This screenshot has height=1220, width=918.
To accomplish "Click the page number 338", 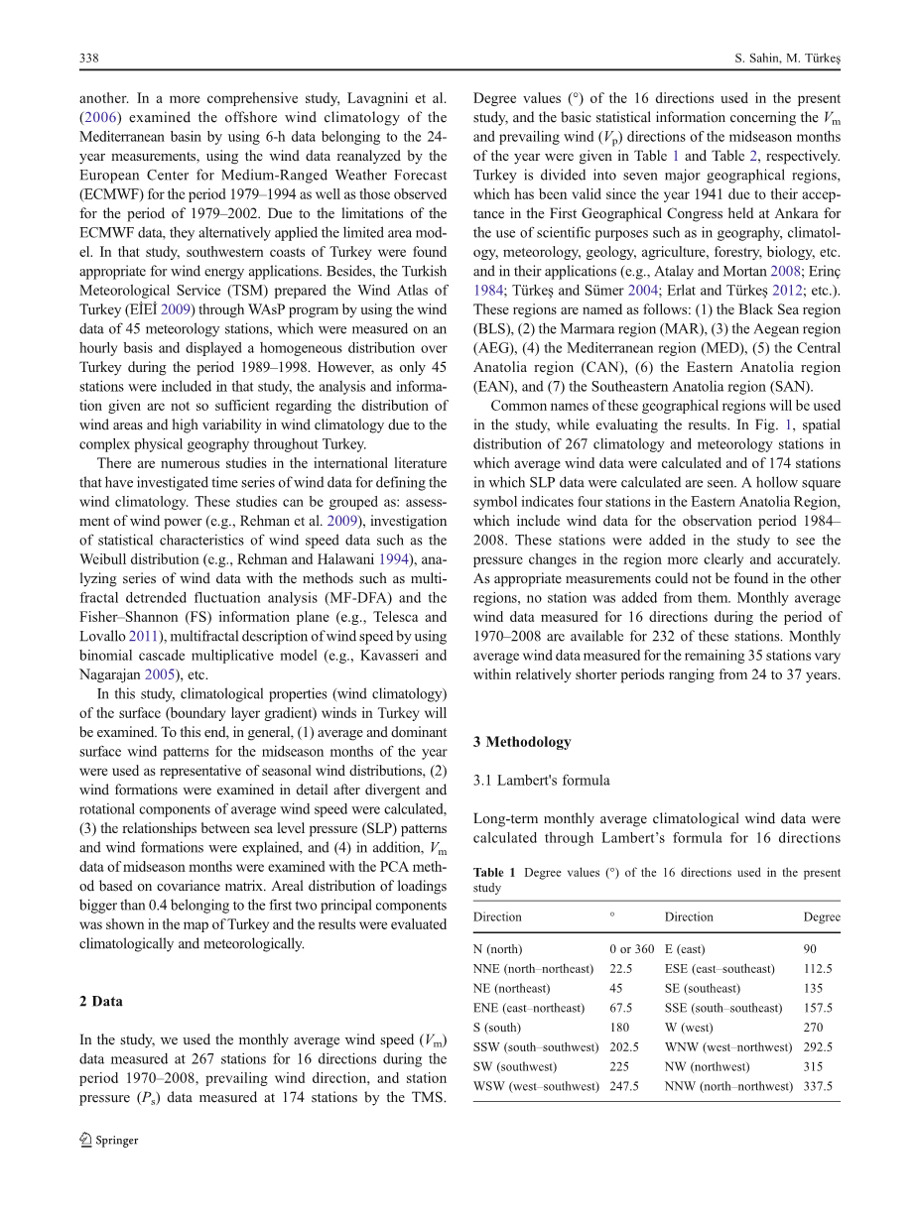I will (x=88, y=60).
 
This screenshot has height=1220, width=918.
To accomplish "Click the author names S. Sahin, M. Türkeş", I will (x=783, y=60).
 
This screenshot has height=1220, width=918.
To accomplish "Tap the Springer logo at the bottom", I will (x=109, y=1140).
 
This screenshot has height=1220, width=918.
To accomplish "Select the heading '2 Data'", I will (x=101, y=1001).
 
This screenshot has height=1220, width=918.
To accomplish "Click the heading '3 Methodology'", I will (x=522, y=741).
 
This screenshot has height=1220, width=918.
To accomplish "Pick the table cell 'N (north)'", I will (x=498, y=949).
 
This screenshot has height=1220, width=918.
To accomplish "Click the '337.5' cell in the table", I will (x=818, y=1086).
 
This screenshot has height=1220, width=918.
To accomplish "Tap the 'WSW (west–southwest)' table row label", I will (x=536, y=1086).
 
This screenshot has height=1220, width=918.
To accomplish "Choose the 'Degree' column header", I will (x=822, y=916).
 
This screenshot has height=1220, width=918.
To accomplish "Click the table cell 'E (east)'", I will (x=685, y=949).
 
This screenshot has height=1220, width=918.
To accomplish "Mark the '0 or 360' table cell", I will (x=632, y=949).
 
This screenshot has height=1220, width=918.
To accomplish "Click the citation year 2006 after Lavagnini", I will (x=97, y=117).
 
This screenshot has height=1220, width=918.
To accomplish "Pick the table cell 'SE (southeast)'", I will (x=703, y=988).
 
